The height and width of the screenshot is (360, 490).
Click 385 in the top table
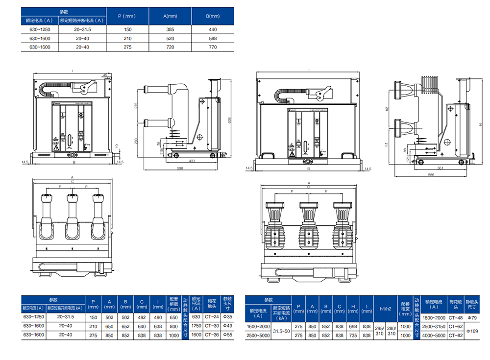tap(171, 29)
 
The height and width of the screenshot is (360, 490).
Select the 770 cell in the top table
tap(213, 47)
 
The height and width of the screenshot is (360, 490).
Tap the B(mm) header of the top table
tap(213, 16)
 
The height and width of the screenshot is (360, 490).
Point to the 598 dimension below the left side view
tap(180, 168)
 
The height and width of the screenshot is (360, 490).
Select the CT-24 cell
tap(211, 317)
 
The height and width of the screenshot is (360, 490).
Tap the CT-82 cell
tap(456, 335)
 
